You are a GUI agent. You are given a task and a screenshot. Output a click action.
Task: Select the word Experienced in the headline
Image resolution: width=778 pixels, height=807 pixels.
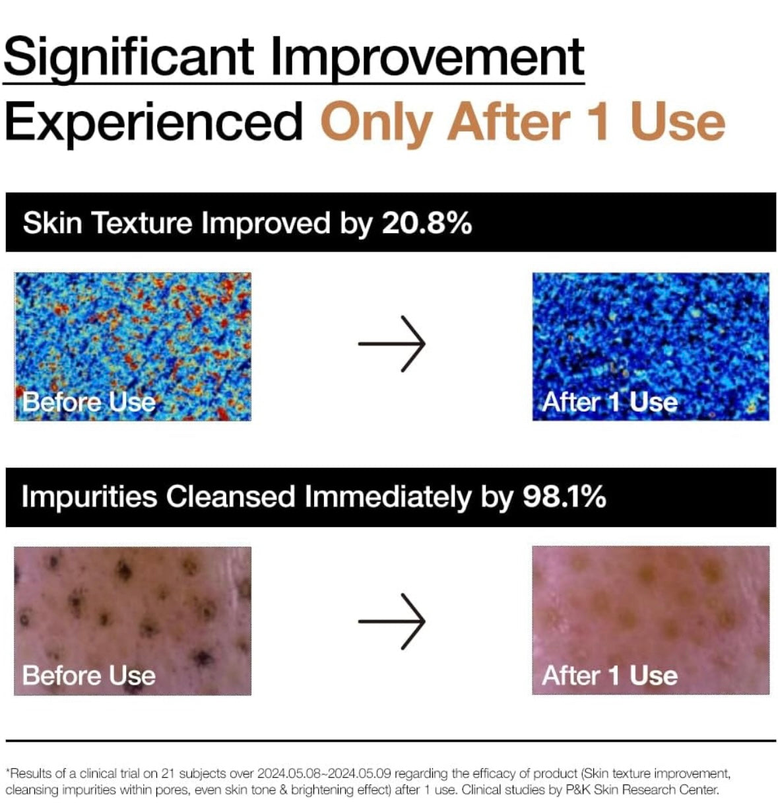pos(154,122)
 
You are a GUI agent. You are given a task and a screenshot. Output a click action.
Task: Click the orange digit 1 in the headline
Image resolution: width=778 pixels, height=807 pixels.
pos(598,122)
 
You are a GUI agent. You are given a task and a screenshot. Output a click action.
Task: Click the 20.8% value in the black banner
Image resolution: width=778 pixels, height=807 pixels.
pos(427,223)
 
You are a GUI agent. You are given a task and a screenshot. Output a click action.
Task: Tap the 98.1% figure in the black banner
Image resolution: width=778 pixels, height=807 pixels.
pos(564,497)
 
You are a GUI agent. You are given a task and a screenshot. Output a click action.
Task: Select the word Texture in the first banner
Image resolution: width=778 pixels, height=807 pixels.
pos(143,223)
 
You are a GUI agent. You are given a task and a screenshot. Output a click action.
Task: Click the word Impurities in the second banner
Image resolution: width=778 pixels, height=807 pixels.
pos(89,497)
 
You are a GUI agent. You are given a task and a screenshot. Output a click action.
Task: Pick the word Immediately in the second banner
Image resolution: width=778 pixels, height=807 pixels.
pos(387,497)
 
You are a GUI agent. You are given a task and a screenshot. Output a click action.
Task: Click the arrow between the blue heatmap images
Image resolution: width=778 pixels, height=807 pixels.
pos(392,344)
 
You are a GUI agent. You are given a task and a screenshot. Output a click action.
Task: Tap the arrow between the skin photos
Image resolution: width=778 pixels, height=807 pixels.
pos(392,621)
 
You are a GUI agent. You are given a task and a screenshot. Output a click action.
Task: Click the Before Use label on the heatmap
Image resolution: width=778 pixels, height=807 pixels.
pos(89,402)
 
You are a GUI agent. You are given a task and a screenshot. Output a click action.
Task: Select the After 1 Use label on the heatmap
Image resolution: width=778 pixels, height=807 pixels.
pos(609,402)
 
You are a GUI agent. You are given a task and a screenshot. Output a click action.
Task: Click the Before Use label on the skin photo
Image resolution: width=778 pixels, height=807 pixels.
pos(89,676)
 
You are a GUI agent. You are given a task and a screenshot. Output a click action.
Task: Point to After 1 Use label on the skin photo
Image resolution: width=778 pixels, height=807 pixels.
pos(609,676)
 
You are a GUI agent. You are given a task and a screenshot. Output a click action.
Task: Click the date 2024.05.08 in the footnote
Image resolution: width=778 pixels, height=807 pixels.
pos(290,773)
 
